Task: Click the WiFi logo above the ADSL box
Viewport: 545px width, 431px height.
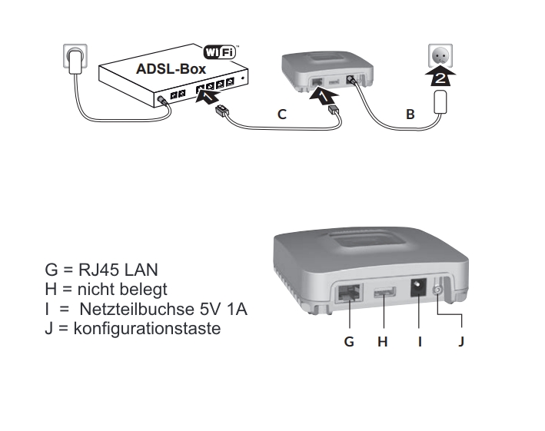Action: point(220,52)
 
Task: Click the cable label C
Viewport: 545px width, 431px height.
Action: point(281,114)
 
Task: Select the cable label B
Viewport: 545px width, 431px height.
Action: point(410,114)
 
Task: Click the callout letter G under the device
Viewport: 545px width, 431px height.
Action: point(349,341)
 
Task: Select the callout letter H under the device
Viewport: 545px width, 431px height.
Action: point(382,341)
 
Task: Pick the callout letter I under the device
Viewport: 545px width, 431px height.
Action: point(420,341)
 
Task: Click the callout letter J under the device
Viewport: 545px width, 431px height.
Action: point(460,341)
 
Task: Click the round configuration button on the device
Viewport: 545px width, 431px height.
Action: point(440,291)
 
